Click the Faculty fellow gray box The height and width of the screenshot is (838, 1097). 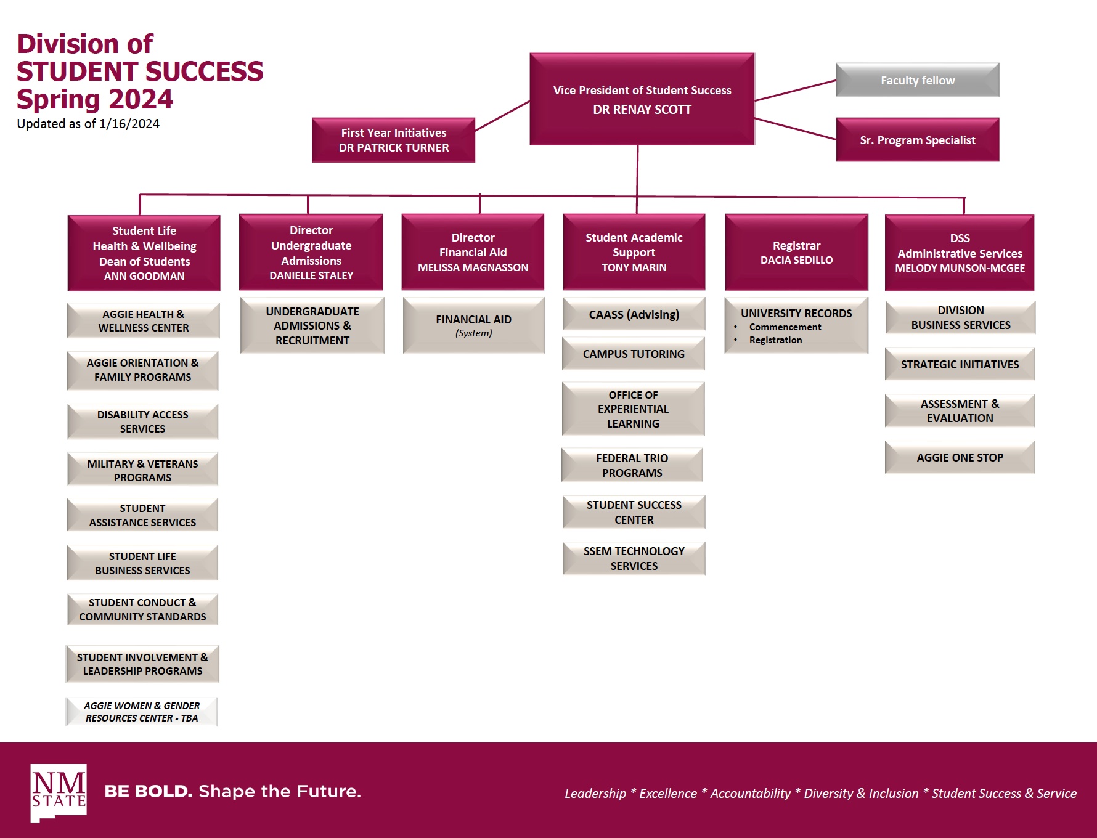point(917,80)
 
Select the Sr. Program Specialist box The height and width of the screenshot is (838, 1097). point(917,140)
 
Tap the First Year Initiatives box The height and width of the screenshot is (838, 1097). point(393,140)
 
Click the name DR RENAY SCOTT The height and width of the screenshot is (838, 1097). point(642,110)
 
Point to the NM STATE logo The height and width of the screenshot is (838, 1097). point(59,792)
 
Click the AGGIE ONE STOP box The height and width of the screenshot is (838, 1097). point(960,457)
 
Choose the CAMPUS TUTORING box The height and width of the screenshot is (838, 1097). point(634,354)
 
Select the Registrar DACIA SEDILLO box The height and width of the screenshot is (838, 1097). point(796,253)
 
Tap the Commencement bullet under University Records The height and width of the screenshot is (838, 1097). point(785,327)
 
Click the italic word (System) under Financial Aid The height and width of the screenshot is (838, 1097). point(473,333)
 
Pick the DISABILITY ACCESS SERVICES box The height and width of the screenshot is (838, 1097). point(142,421)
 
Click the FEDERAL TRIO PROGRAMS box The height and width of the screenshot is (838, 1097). point(632,465)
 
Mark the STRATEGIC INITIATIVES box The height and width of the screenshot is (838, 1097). point(960,364)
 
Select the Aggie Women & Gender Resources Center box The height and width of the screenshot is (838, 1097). point(142,712)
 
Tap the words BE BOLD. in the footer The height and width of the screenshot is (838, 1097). point(149,791)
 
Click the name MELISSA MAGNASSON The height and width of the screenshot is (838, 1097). point(473,267)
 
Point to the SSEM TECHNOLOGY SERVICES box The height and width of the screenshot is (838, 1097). point(634,558)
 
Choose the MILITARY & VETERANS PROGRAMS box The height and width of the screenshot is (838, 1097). point(142,470)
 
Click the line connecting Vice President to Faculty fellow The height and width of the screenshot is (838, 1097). point(795,91)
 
